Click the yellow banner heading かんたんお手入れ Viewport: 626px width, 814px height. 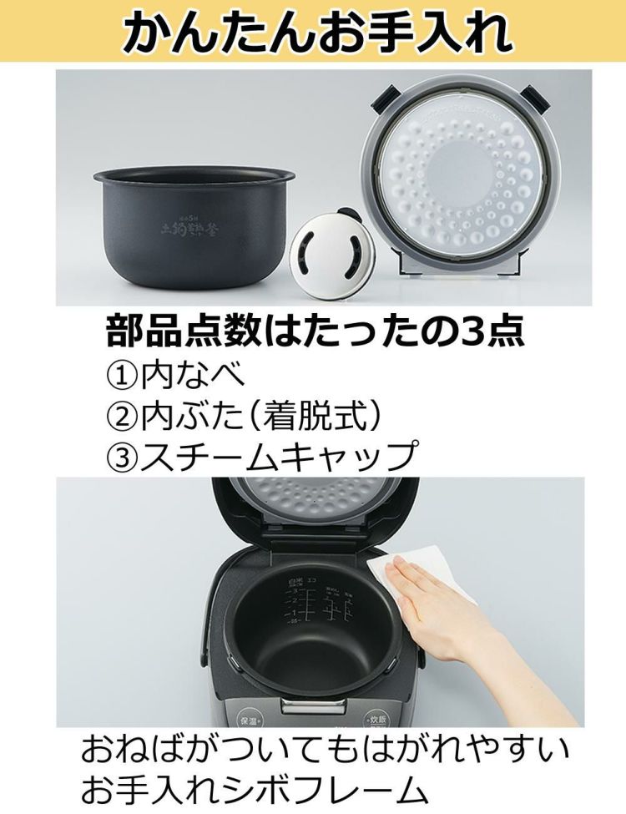[313, 32]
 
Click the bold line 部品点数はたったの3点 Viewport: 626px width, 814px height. [315, 331]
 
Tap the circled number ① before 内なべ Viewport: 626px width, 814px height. [122, 375]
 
